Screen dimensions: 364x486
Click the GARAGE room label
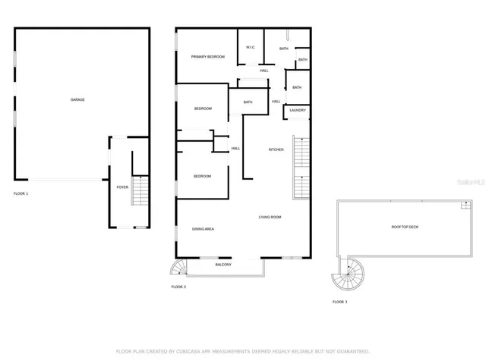coord(77,99)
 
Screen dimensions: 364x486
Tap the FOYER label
coord(121,186)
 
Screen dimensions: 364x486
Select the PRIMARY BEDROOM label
coord(207,57)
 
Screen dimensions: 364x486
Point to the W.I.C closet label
coord(250,48)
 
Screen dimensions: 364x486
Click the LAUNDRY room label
coord(298,111)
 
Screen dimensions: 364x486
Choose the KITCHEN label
coord(276,149)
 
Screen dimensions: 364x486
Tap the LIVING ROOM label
coord(270,218)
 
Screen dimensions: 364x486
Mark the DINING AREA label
coord(203,229)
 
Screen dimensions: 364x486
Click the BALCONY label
coord(223,265)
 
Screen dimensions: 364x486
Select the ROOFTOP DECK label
coord(406,227)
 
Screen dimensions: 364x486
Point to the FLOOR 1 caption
coord(21,194)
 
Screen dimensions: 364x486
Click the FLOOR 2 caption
coord(178,287)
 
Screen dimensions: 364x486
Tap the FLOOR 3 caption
coord(339,302)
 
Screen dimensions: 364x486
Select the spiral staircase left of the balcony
coord(178,268)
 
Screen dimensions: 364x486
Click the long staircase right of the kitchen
coord(302,165)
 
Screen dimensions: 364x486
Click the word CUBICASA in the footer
coord(195,351)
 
